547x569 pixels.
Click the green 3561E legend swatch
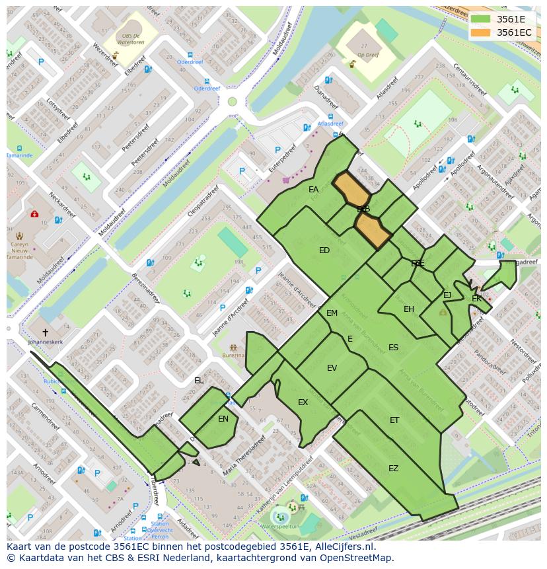point(480,19)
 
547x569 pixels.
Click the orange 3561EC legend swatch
point(480,32)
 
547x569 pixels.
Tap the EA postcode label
point(313,190)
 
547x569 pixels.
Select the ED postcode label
point(324,250)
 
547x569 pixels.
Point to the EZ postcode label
point(393,469)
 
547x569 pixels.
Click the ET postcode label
point(394,420)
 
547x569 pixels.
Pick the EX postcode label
point(303,402)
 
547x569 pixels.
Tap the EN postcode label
point(223,419)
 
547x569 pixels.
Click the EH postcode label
point(409,309)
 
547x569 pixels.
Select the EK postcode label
point(476,299)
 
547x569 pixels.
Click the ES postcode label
point(393,348)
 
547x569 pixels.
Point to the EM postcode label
point(332,313)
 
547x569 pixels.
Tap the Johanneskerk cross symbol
point(45,332)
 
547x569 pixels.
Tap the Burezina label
point(233,356)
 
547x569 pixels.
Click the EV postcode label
point(332,368)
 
